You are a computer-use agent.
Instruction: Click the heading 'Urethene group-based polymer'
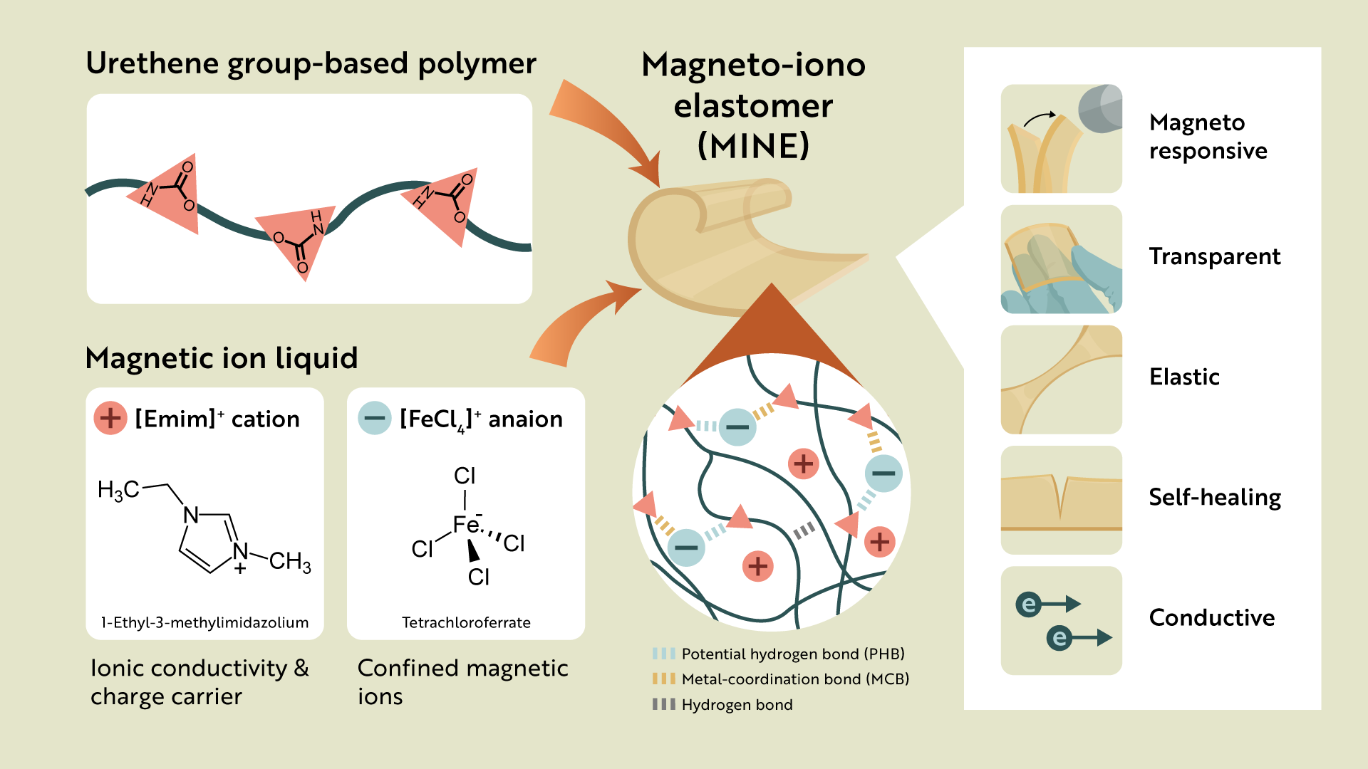point(311,64)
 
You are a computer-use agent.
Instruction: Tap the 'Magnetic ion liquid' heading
point(221,358)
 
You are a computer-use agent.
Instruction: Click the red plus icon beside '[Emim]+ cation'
point(110,418)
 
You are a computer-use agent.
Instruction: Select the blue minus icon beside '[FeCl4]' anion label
point(375,418)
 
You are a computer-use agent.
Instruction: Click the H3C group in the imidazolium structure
point(118,490)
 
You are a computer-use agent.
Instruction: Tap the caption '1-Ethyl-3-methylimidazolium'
point(204,623)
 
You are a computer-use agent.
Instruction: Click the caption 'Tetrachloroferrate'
point(466,623)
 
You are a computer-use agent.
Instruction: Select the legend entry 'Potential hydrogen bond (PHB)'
point(792,654)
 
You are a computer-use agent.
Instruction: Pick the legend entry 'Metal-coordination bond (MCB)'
point(795,679)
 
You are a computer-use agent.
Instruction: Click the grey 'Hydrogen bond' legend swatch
point(663,704)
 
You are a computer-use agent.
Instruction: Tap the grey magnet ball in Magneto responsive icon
point(1102,109)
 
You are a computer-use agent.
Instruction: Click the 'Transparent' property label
point(1214,256)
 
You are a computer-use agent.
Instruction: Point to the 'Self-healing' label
point(1214,497)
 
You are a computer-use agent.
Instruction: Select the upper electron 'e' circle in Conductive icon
point(1028,605)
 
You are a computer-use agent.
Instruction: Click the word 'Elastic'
point(1183,377)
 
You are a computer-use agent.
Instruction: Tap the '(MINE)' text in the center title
point(753,147)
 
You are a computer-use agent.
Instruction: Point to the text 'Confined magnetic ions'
point(462,681)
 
